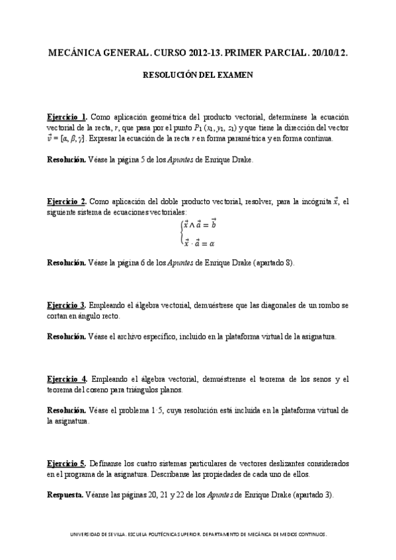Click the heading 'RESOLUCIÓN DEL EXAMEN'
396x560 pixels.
198,75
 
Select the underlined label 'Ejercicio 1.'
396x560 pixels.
67,116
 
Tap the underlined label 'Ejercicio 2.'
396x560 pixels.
67,201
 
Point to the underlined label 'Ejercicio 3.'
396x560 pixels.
67,305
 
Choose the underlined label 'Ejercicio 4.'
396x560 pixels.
67,378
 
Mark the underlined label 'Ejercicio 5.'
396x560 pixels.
67,463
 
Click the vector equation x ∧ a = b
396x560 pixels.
200,225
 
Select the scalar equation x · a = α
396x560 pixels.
199,243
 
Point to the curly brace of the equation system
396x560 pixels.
180,234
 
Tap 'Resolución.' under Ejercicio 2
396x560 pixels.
65,262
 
